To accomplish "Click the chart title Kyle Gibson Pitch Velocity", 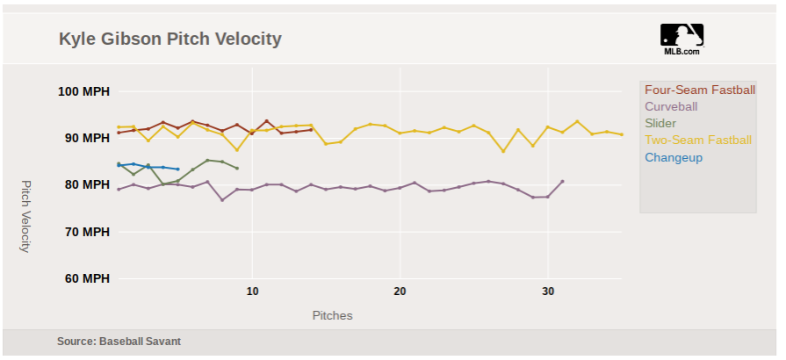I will click(170, 40).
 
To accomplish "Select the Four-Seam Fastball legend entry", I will click(699, 90).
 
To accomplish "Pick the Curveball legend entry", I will click(671, 106).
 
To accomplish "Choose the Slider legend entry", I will click(660, 123).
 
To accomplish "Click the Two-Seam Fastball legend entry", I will click(698, 140).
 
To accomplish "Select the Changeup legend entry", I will click(674, 157).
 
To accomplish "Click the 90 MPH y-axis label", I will click(85, 138).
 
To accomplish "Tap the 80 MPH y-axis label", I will click(85, 184).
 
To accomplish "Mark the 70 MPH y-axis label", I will click(85, 232).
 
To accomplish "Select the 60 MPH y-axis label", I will click(85, 278).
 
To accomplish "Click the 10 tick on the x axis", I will click(252, 291).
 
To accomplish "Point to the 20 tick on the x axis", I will click(400, 291).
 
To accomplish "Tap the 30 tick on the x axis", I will click(547, 291).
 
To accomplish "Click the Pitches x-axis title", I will click(332, 314).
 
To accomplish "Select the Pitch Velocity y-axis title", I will click(25, 216).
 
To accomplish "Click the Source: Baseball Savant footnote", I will click(119, 341).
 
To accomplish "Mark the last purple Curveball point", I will click(562, 181).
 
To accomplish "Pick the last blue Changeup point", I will click(178, 169).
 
